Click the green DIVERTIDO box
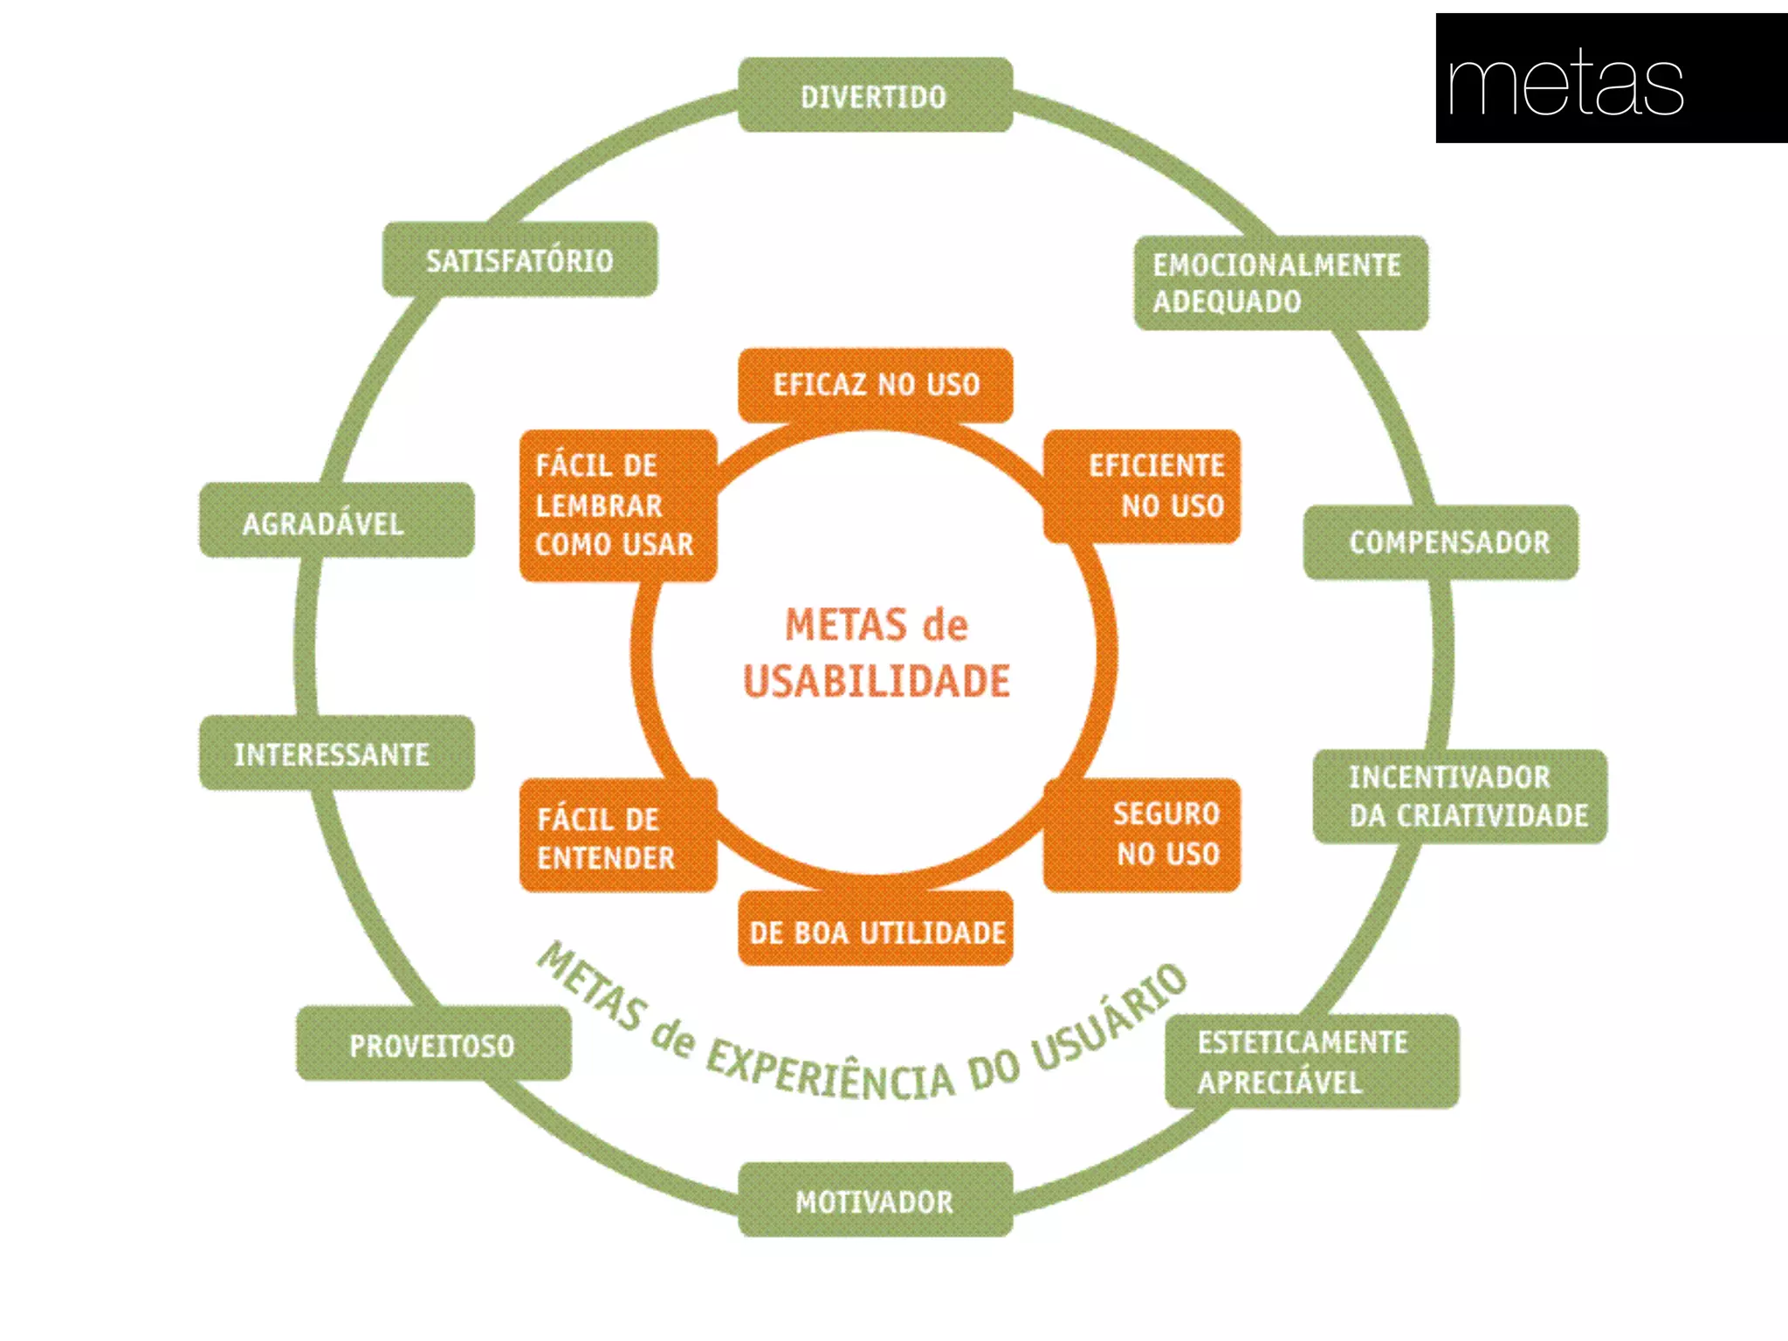[875, 95]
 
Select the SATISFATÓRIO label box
[519, 259]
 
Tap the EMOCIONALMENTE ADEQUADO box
[1280, 282]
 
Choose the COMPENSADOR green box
[1441, 542]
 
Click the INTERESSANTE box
[336, 753]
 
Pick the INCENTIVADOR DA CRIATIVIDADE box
[1460, 795]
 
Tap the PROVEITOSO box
[433, 1043]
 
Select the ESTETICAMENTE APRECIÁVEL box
[1311, 1061]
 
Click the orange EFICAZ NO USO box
[875, 384]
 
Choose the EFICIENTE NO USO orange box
[1142, 485]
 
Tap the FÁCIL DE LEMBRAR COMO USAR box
[617, 505]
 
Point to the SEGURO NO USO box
[1142, 834]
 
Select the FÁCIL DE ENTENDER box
[617, 836]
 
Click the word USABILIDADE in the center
[877, 682]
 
